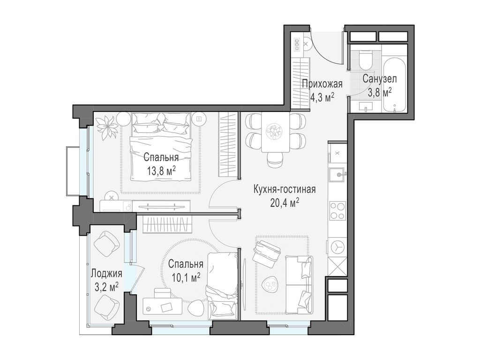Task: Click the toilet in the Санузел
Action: (x=365, y=60)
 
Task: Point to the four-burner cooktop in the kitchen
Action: (x=337, y=210)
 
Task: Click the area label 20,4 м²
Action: (x=285, y=203)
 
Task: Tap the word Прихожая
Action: (x=322, y=83)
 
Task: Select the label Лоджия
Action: (x=107, y=273)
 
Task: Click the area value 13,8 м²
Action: (x=161, y=171)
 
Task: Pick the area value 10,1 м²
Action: (x=186, y=277)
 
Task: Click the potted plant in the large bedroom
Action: (x=106, y=127)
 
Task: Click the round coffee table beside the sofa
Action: (x=270, y=285)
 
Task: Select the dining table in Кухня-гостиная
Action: (x=275, y=132)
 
